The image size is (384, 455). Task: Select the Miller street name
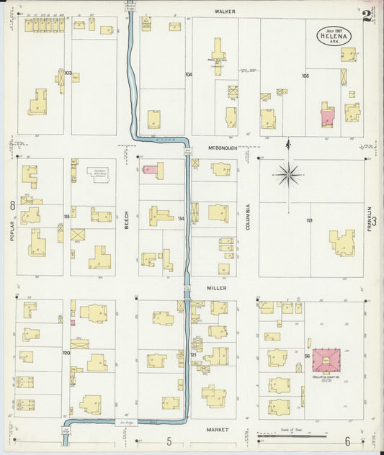point(217,287)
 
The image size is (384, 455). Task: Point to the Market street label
point(217,430)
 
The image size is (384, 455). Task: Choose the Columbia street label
point(246,216)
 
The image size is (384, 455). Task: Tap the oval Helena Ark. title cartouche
point(333,35)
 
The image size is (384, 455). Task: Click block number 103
point(68,73)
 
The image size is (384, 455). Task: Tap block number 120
point(66,353)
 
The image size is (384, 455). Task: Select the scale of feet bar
point(292,436)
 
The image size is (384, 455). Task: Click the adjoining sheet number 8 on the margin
point(12,206)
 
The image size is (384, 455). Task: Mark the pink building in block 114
point(151,170)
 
